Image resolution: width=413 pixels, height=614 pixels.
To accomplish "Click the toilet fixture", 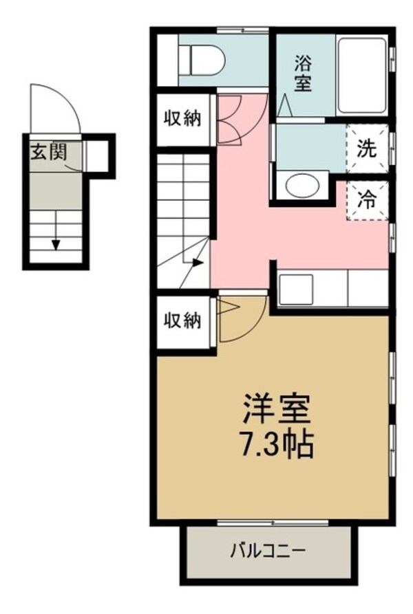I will click(200, 60).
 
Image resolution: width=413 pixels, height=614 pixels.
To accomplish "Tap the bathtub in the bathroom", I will click(361, 76).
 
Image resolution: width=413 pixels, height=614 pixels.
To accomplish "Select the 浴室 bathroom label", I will click(303, 74).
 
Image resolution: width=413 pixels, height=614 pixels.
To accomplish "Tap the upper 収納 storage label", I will click(182, 118).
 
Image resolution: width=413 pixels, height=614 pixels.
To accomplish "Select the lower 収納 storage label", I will click(182, 320).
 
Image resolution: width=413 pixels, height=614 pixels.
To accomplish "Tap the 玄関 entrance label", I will click(47, 152).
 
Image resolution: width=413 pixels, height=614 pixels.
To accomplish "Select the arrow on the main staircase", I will click(198, 262).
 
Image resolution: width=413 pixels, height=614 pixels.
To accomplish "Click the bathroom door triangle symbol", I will click(285, 108).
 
